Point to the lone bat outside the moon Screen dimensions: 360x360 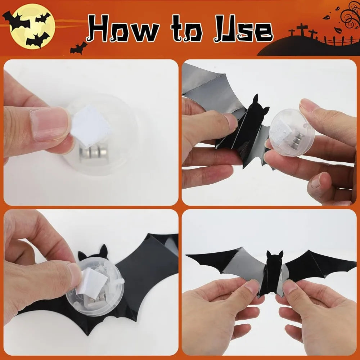(x=78, y=48)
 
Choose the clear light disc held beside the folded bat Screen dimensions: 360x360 (x=291, y=133)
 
